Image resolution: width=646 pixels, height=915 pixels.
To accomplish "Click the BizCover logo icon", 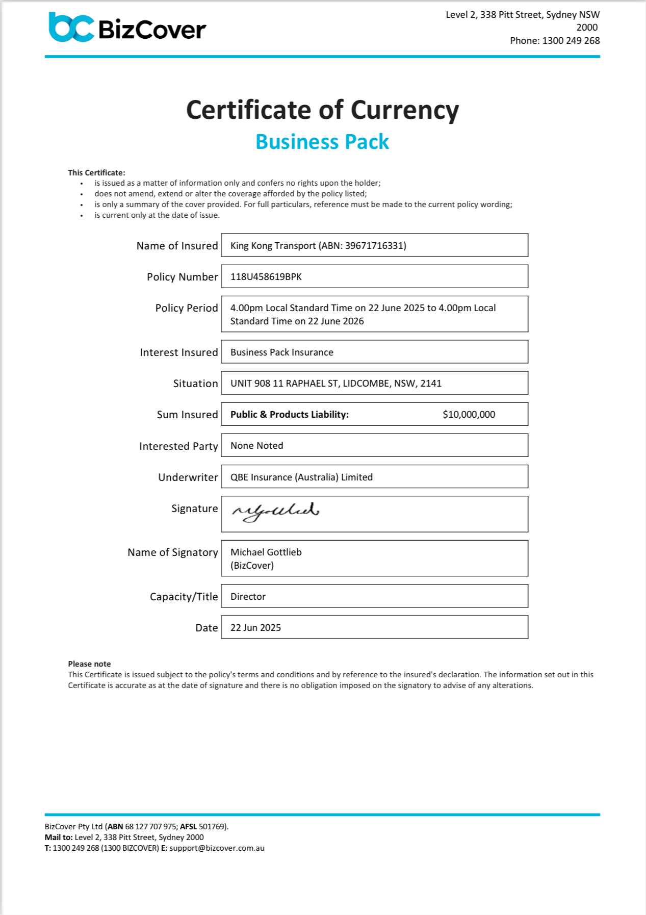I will [71, 27].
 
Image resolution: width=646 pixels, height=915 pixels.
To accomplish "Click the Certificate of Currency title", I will [322, 110].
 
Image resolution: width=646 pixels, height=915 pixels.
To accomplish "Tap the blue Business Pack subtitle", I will [322, 142].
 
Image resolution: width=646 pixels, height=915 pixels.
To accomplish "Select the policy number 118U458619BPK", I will [266, 277].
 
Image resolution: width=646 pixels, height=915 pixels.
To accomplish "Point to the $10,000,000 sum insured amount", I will [469, 415].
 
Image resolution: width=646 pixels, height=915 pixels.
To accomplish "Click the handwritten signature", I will [275, 512].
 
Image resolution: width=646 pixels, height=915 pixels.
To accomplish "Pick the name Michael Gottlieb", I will [266, 552].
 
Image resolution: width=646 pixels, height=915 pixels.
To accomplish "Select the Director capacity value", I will [248, 597].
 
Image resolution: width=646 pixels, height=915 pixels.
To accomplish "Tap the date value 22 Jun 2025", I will [255, 628].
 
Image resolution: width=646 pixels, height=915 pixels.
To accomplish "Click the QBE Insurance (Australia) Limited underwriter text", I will [301, 477].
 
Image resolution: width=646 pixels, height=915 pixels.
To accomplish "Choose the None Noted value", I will [256, 446].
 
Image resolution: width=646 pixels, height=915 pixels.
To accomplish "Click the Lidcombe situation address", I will [335, 384].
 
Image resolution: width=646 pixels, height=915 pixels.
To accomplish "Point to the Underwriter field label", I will [188, 477].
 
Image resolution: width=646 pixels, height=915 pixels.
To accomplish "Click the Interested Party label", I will [178, 446].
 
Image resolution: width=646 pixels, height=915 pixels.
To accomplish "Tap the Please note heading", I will [89, 664].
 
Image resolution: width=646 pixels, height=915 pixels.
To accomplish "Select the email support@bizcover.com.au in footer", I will [217, 848].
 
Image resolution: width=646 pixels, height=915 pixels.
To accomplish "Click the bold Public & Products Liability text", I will [289, 415].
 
